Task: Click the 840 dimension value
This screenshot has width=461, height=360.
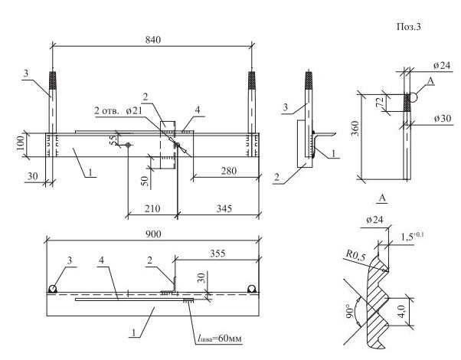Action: (x=153, y=40)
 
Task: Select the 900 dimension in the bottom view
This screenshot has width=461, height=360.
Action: (x=153, y=234)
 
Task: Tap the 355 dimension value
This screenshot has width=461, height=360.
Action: (x=217, y=254)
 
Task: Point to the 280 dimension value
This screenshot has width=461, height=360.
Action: (x=229, y=171)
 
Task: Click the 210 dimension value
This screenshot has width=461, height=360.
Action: (x=152, y=208)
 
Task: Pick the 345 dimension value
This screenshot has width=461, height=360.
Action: (x=224, y=208)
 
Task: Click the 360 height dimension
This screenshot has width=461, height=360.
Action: (x=355, y=128)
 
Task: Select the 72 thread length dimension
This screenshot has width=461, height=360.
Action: (x=381, y=101)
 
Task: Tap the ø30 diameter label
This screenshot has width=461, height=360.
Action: (x=443, y=119)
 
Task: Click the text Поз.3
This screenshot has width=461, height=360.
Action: (x=409, y=27)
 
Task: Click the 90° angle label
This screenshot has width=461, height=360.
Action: (x=349, y=312)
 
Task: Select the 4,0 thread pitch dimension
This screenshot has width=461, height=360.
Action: (x=401, y=311)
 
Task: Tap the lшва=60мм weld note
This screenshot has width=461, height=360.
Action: (x=220, y=339)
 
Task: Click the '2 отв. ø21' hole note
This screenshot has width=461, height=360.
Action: (x=118, y=111)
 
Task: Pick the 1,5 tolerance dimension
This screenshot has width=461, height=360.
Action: (x=412, y=236)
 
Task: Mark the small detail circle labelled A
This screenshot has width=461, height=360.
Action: (x=413, y=97)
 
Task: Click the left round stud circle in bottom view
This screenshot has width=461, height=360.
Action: (x=53, y=289)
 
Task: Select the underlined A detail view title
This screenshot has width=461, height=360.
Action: (x=382, y=198)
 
